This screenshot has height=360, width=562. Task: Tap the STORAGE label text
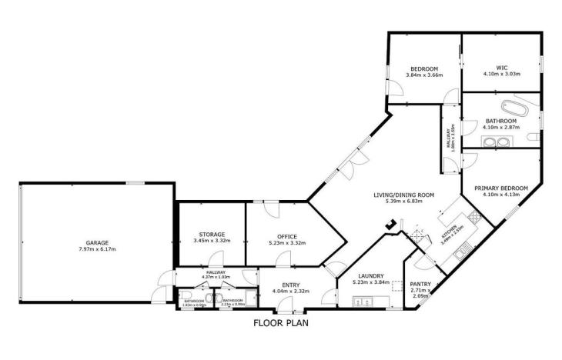tap(212, 235)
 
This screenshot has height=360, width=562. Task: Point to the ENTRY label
tap(286, 285)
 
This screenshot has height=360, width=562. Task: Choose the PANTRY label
tap(420, 284)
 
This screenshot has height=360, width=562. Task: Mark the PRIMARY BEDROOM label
tap(500, 188)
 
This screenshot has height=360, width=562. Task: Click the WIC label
tap(502, 67)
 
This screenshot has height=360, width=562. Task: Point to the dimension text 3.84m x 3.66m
tap(423, 75)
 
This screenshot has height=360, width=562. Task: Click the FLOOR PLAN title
tap(281, 324)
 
